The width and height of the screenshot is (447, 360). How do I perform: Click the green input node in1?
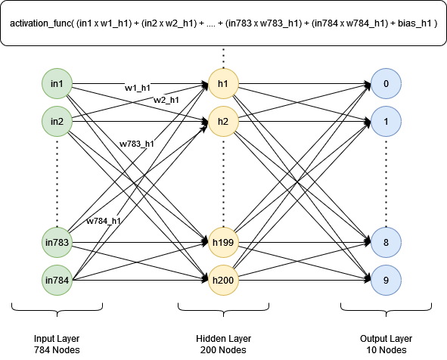pyautogui.click(x=57, y=83)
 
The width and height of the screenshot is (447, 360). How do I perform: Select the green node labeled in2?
pyautogui.click(x=57, y=122)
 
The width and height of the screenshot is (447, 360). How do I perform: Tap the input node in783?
pyautogui.click(x=57, y=242)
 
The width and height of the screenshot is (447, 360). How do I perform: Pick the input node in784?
pyautogui.click(x=57, y=280)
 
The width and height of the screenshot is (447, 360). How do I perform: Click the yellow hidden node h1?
pyautogui.click(x=223, y=83)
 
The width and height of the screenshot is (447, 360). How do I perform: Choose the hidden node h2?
pyautogui.click(x=223, y=122)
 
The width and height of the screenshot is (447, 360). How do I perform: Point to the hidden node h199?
pyautogui.click(x=223, y=242)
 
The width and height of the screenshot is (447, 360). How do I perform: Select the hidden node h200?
pyautogui.click(x=223, y=280)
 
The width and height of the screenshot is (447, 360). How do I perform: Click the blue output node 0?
pyautogui.click(x=386, y=83)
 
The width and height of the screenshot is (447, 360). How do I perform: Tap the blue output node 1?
pyautogui.click(x=386, y=122)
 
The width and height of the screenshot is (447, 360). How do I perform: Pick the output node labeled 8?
pyautogui.click(x=386, y=242)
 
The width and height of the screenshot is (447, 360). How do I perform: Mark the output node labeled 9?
pyautogui.click(x=386, y=280)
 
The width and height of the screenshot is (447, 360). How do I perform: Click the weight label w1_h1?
pyautogui.click(x=138, y=88)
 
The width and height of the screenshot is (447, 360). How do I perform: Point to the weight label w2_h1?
pyautogui.click(x=166, y=100)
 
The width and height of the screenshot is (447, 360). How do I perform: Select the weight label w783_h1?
pyautogui.click(x=137, y=144)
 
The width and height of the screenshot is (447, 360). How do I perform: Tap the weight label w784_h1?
pyautogui.click(x=104, y=221)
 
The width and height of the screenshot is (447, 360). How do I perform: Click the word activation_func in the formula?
pyautogui.click(x=41, y=23)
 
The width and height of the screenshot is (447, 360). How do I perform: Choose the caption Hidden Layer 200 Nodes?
pyautogui.click(x=224, y=344)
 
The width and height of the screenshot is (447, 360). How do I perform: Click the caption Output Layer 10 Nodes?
pyautogui.click(x=386, y=344)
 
